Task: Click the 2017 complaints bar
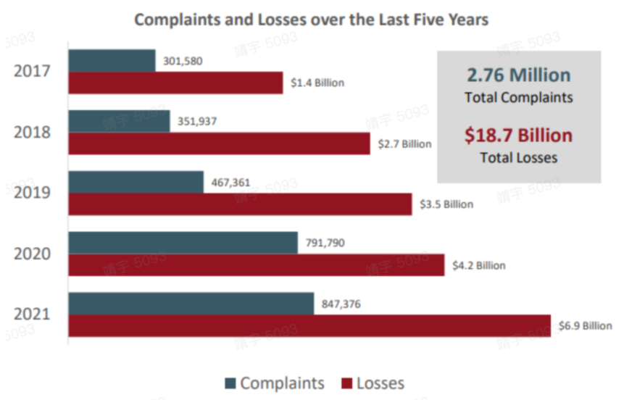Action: pos(112,61)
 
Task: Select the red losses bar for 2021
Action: pos(309,325)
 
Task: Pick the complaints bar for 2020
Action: pos(183,243)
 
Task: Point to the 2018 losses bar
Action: pos(220,143)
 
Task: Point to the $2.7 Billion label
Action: pos(404,143)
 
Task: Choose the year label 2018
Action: pos(33,133)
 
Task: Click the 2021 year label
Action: pos(33,314)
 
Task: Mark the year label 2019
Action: pos(33,193)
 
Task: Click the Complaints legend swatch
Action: pos(230,383)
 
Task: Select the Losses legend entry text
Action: pos(380,383)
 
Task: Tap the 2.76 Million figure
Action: pos(518,75)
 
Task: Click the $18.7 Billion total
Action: pos(518,136)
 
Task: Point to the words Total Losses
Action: pos(518,157)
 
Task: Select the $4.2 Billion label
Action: pos(479,265)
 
